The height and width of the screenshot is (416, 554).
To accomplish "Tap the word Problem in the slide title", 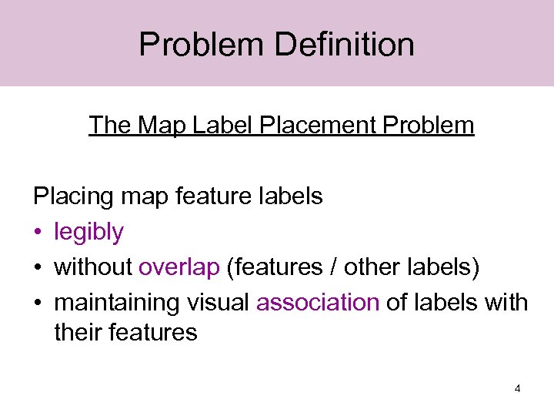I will pyautogui.click(x=202, y=44).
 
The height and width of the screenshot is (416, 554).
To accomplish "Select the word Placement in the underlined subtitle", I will pyautogui.click(x=304, y=125).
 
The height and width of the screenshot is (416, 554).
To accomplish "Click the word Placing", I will pyautogui.click(x=74, y=196).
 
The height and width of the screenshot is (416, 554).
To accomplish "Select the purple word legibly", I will pyautogui.click(x=88, y=232).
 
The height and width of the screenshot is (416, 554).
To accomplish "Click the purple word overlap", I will pyautogui.click(x=179, y=267).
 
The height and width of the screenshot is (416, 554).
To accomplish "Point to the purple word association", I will pyautogui.click(x=318, y=302).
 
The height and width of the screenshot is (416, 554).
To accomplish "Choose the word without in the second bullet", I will pyautogui.click(x=93, y=267).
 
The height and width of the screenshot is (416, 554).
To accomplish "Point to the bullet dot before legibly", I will pyautogui.click(x=38, y=233).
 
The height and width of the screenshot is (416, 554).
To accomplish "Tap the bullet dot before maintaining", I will pyautogui.click(x=38, y=303).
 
